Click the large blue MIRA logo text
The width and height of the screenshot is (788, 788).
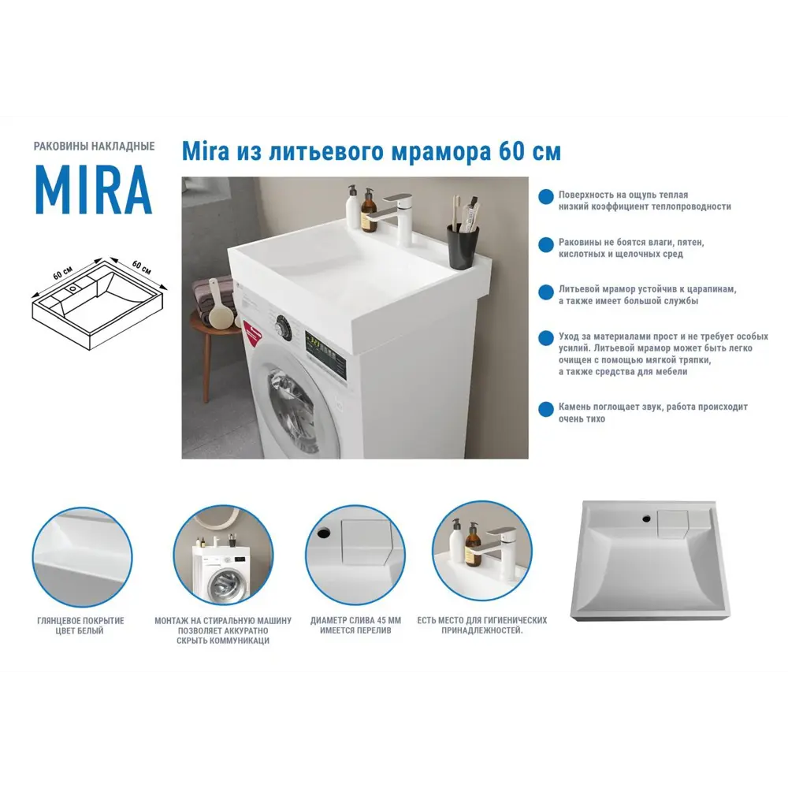tap(93, 190)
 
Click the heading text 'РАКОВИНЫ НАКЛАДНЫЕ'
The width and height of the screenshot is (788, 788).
tap(94, 147)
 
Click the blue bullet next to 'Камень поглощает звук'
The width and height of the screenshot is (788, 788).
tap(545, 410)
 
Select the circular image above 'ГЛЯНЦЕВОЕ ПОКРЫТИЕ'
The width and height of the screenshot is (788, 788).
tap(82, 556)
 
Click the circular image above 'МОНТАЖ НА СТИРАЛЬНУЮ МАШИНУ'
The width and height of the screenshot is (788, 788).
tap(223, 556)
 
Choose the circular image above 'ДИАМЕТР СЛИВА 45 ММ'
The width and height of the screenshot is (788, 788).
tap(355, 556)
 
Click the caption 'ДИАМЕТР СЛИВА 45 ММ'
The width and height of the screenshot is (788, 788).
tap(355, 621)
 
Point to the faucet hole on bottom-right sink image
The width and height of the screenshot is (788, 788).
tap(646, 519)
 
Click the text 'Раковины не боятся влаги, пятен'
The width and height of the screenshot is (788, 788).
tap(631, 243)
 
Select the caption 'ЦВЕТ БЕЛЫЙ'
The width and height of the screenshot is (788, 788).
tap(80, 631)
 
